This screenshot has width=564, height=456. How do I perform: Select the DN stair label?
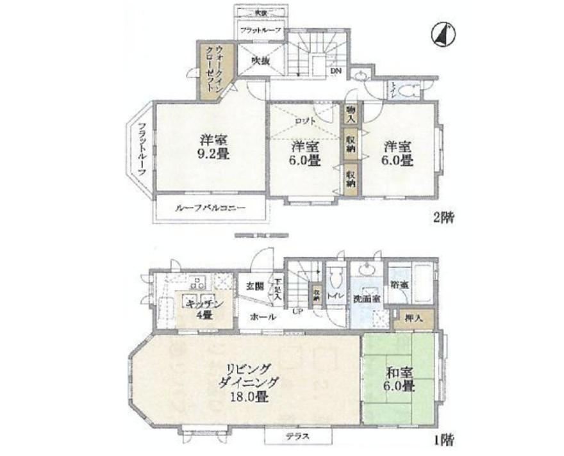click(x=336, y=71)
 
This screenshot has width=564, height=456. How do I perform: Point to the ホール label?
click(x=263, y=317)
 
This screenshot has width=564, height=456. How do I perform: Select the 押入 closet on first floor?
click(x=413, y=316)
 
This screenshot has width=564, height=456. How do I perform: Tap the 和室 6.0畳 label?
click(x=399, y=379)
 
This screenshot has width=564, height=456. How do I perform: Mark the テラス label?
click(x=298, y=437)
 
